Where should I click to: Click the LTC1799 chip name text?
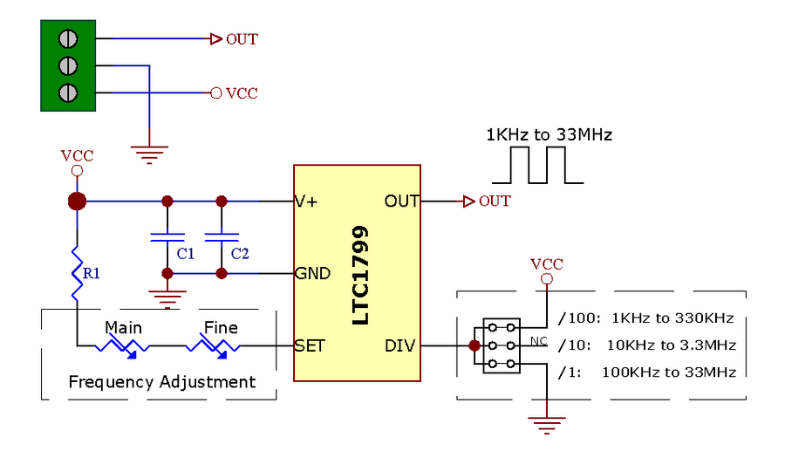click(360, 275)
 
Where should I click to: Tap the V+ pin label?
click(306, 202)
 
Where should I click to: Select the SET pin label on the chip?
click(310, 345)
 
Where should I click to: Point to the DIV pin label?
click(400, 345)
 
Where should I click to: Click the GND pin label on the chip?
click(312, 273)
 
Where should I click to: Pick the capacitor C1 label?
click(185, 254)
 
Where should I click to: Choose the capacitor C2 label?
click(240, 254)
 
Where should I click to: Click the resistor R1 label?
click(91, 273)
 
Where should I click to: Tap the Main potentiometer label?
click(123, 327)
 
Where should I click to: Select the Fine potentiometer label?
click(221, 327)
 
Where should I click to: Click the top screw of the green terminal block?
click(68, 38)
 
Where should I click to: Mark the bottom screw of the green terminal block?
click(68, 92)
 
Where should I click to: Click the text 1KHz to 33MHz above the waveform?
click(549, 134)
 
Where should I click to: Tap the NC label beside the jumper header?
click(539, 341)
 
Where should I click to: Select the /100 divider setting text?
click(579, 318)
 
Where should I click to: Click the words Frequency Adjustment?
click(161, 382)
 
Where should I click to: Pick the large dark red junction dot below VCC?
click(77, 202)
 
